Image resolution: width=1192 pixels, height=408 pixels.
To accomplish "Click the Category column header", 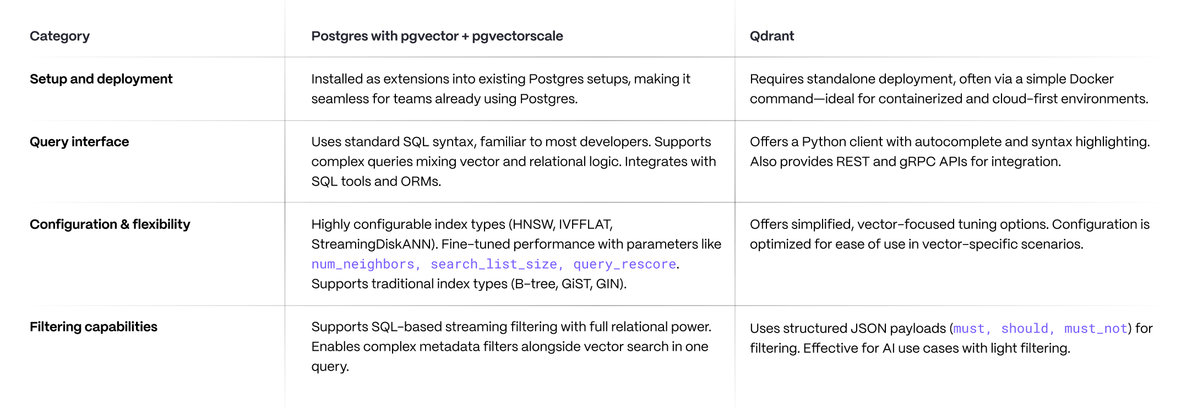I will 59,36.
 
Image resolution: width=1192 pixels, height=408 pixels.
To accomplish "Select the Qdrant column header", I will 771,36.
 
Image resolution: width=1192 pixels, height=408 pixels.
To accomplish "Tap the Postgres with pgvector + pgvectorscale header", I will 437,36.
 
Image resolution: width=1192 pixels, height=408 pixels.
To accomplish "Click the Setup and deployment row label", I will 101,79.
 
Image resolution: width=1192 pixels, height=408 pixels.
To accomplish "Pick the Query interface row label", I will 79,142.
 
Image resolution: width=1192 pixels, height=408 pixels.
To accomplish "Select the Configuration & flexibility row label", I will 110,225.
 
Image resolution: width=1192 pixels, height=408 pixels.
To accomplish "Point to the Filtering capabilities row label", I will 93,327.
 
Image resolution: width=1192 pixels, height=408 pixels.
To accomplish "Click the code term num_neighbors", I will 363,264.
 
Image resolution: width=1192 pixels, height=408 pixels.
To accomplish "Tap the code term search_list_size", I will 494,264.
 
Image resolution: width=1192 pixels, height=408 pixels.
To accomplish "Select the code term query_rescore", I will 624,264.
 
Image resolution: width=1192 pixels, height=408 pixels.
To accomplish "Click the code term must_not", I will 1095,329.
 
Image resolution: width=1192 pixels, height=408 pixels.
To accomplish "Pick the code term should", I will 1024,329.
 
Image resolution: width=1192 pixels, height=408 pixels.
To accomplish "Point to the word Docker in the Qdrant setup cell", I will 1091,79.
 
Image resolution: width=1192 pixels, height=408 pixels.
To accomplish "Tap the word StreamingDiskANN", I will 374,244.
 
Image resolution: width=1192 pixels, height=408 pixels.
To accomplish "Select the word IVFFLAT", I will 585,225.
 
